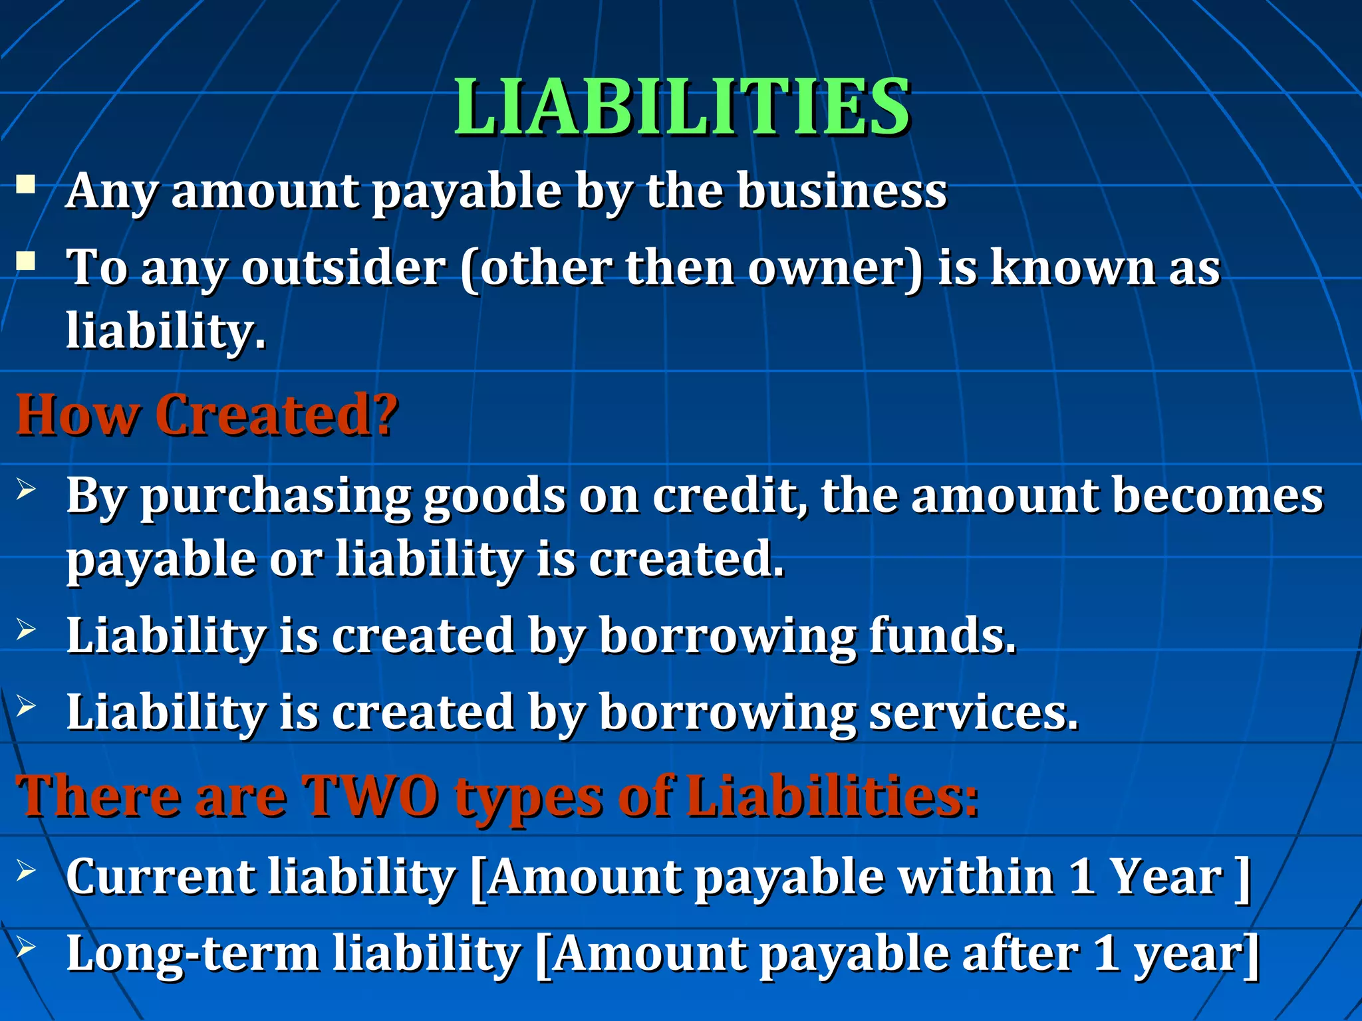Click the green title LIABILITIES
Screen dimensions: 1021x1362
click(x=682, y=107)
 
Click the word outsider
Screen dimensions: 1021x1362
click(x=343, y=268)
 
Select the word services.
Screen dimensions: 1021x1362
click(x=974, y=712)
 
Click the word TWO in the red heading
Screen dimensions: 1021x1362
click(x=370, y=796)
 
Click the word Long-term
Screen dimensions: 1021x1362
click(x=193, y=954)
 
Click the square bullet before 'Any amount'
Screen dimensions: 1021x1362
click(x=27, y=183)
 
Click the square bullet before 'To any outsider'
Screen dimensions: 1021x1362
click(x=27, y=261)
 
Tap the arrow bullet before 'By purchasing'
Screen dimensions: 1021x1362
click(x=26, y=491)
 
